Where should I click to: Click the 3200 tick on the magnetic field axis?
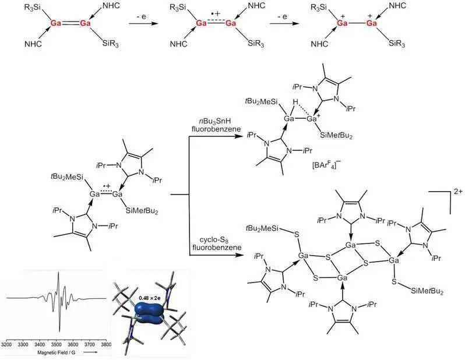pos(6,340)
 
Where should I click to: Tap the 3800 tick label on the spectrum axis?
pos(106,345)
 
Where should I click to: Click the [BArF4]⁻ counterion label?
pos(326,165)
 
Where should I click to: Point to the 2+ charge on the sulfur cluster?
pos(459,192)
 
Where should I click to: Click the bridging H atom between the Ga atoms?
pos(295,103)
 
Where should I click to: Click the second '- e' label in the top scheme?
pos(283,17)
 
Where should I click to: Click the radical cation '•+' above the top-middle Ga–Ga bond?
pos(216,13)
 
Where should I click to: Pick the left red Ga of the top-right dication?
pos(342,23)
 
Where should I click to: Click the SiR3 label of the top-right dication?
pos(397,44)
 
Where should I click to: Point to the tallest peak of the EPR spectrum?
pos(58,273)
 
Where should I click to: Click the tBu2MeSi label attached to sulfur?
pos(262,228)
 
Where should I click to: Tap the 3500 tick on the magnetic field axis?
pos(57,340)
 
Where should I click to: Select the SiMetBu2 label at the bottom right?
pos(427,291)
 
